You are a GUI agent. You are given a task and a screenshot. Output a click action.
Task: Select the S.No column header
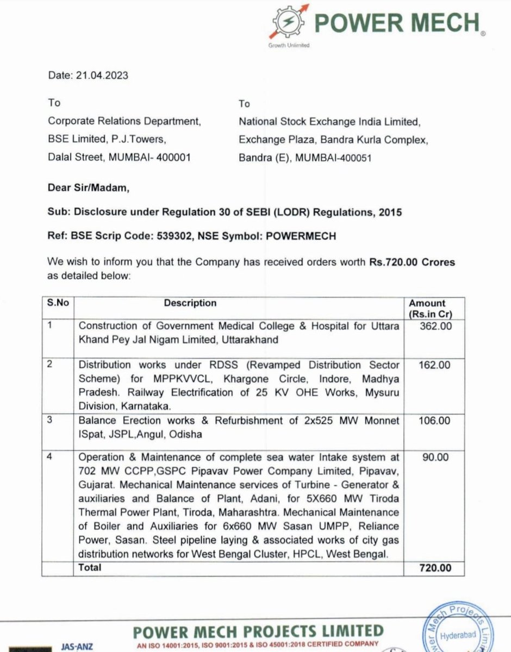[58, 303]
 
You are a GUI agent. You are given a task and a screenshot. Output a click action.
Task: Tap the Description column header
[190, 303]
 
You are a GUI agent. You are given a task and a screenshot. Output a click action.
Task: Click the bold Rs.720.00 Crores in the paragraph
[411, 262]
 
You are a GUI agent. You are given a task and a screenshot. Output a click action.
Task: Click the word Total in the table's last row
[90, 568]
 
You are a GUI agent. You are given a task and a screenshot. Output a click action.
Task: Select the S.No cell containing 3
[50, 420]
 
